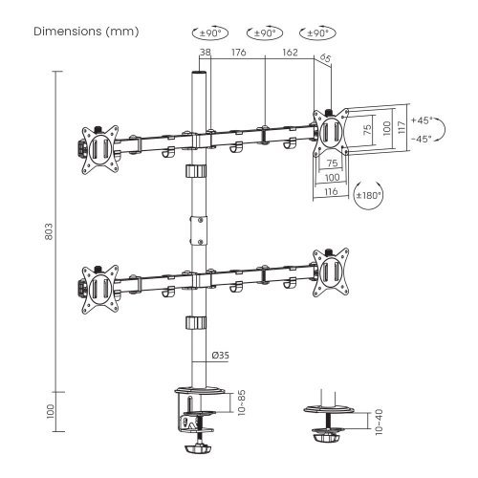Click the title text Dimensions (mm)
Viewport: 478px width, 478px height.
[86, 32]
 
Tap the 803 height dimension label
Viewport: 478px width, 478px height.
[49, 231]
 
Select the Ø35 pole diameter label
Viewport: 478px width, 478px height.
[220, 355]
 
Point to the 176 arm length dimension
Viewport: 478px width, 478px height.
[239, 53]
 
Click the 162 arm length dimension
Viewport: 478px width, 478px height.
[290, 53]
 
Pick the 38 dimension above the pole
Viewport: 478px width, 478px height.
[206, 53]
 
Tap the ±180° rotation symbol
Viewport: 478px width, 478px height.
[368, 195]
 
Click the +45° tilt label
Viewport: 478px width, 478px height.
[422, 120]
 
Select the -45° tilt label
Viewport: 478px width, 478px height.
[422, 139]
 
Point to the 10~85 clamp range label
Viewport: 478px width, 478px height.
[242, 402]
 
